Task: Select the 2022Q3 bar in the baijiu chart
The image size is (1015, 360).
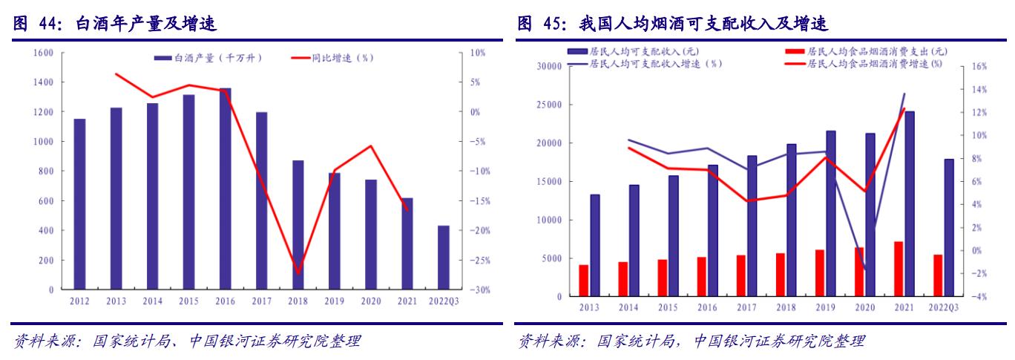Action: pyautogui.click(x=443, y=258)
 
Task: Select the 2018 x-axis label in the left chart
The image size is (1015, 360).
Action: pyautogui.click(x=298, y=302)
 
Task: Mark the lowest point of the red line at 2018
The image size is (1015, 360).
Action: pyautogui.click(x=298, y=273)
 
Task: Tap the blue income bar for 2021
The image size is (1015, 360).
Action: pyautogui.click(x=909, y=204)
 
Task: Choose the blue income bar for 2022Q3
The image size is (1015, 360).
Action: pyautogui.click(x=948, y=228)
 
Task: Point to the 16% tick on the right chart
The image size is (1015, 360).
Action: pyautogui.click(x=979, y=66)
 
